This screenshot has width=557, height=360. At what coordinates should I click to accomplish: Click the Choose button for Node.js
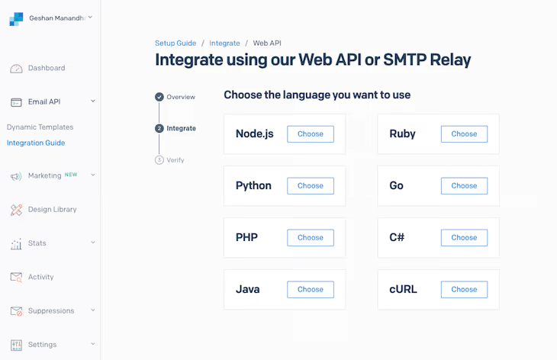(x=311, y=134)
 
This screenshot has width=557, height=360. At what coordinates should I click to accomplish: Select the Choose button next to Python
(x=311, y=186)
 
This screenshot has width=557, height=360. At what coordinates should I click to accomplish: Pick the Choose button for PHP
(x=311, y=238)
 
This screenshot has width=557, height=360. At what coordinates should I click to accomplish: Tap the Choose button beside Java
(x=311, y=290)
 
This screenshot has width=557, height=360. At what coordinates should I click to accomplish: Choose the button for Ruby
(x=464, y=134)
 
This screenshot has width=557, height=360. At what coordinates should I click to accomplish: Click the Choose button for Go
(x=464, y=186)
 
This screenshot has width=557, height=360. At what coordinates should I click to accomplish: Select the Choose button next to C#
(x=464, y=238)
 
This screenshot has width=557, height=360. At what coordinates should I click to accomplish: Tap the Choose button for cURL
(x=464, y=290)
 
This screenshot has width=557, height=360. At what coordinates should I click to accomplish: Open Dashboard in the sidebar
(x=47, y=68)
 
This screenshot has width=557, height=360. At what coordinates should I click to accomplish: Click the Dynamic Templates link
(x=40, y=127)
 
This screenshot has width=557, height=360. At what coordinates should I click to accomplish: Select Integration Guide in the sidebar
(x=36, y=143)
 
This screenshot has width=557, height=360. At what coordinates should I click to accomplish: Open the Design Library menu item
(x=52, y=209)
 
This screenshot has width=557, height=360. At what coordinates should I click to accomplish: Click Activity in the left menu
(x=40, y=277)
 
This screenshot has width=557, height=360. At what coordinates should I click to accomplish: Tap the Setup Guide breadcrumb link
(x=175, y=43)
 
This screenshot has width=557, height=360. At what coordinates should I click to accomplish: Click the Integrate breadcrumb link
(x=225, y=43)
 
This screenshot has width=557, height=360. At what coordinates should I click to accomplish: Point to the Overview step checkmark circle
(x=159, y=97)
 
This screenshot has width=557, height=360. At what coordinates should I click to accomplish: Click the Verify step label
(x=175, y=160)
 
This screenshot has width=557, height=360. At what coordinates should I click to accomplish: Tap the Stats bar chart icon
(x=16, y=244)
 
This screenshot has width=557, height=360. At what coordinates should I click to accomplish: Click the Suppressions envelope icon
(x=16, y=311)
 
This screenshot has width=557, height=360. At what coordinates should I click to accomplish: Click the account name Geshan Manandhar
(x=57, y=17)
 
